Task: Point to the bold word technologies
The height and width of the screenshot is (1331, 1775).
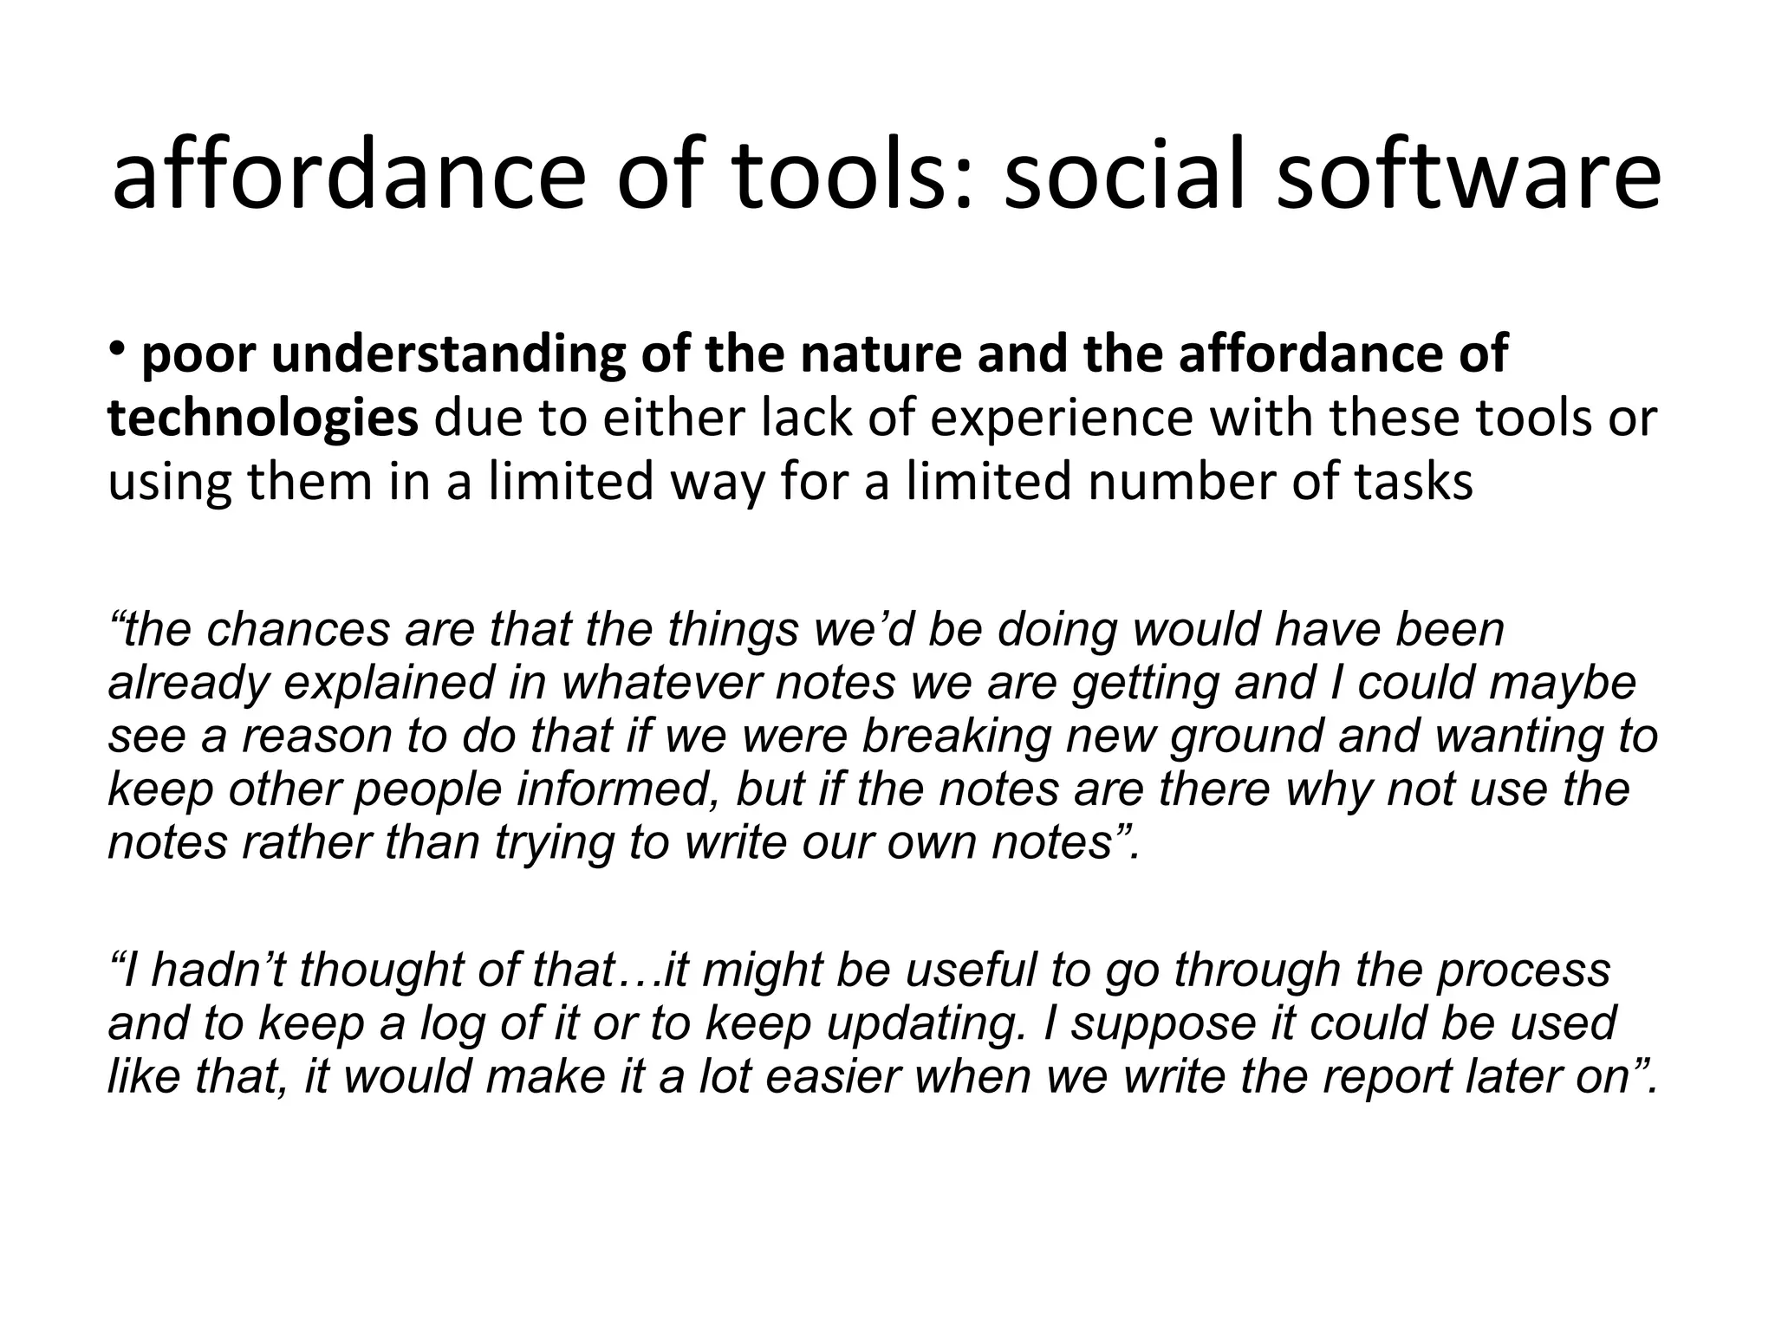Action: [x=263, y=419]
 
